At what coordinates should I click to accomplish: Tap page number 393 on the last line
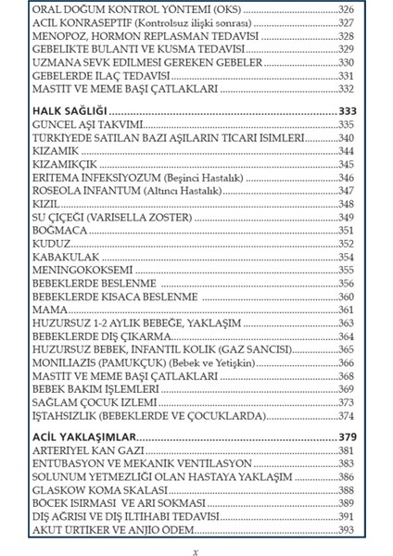coord(348,529)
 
